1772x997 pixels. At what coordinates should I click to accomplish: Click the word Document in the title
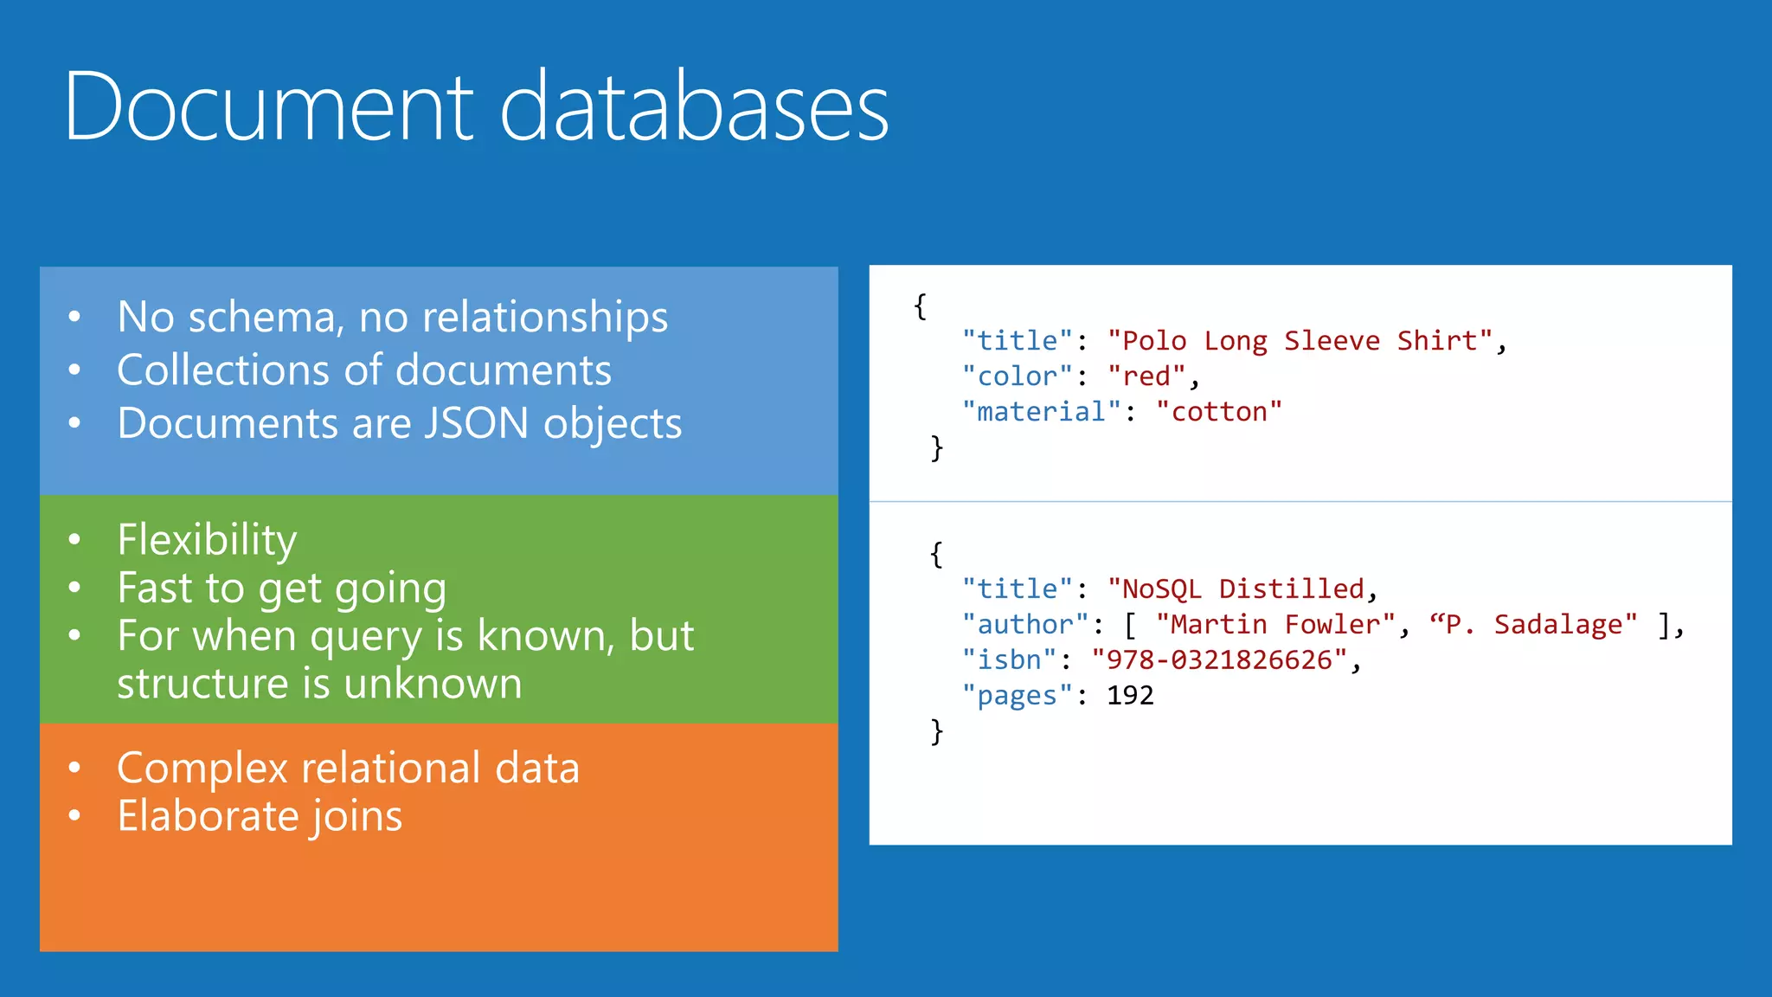pyautogui.click(x=269, y=107)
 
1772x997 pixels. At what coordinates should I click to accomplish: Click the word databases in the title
pyautogui.click(x=694, y=107)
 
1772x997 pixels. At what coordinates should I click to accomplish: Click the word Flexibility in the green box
pyautogui.click(x=207, y=540)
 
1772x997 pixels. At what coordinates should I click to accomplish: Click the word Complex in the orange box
pyautogui.click(x=202, y=769)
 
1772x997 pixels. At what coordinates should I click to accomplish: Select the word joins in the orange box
pyautogui.click(x=357, y=817)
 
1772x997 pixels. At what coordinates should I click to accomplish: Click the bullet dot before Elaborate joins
pyautogui.click(x=75, y=815)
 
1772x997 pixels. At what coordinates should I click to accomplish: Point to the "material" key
pyautogui.click(x=1041, y=412)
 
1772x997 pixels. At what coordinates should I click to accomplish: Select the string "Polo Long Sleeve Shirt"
pyautogui.click(x=1300, y=341)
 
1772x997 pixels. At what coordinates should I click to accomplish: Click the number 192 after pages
pyautogui.click(x=1130, y=696)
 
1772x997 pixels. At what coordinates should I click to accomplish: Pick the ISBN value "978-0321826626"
pyautogui.click(x=1219, y=660)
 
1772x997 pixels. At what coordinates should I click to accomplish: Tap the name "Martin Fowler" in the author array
pyautogui.click(x=1275, y=625)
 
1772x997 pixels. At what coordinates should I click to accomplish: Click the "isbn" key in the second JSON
pyautogui.click(x=1009, y=660)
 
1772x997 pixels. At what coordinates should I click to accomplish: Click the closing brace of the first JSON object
pyautogui.click(x=936, y=448)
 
